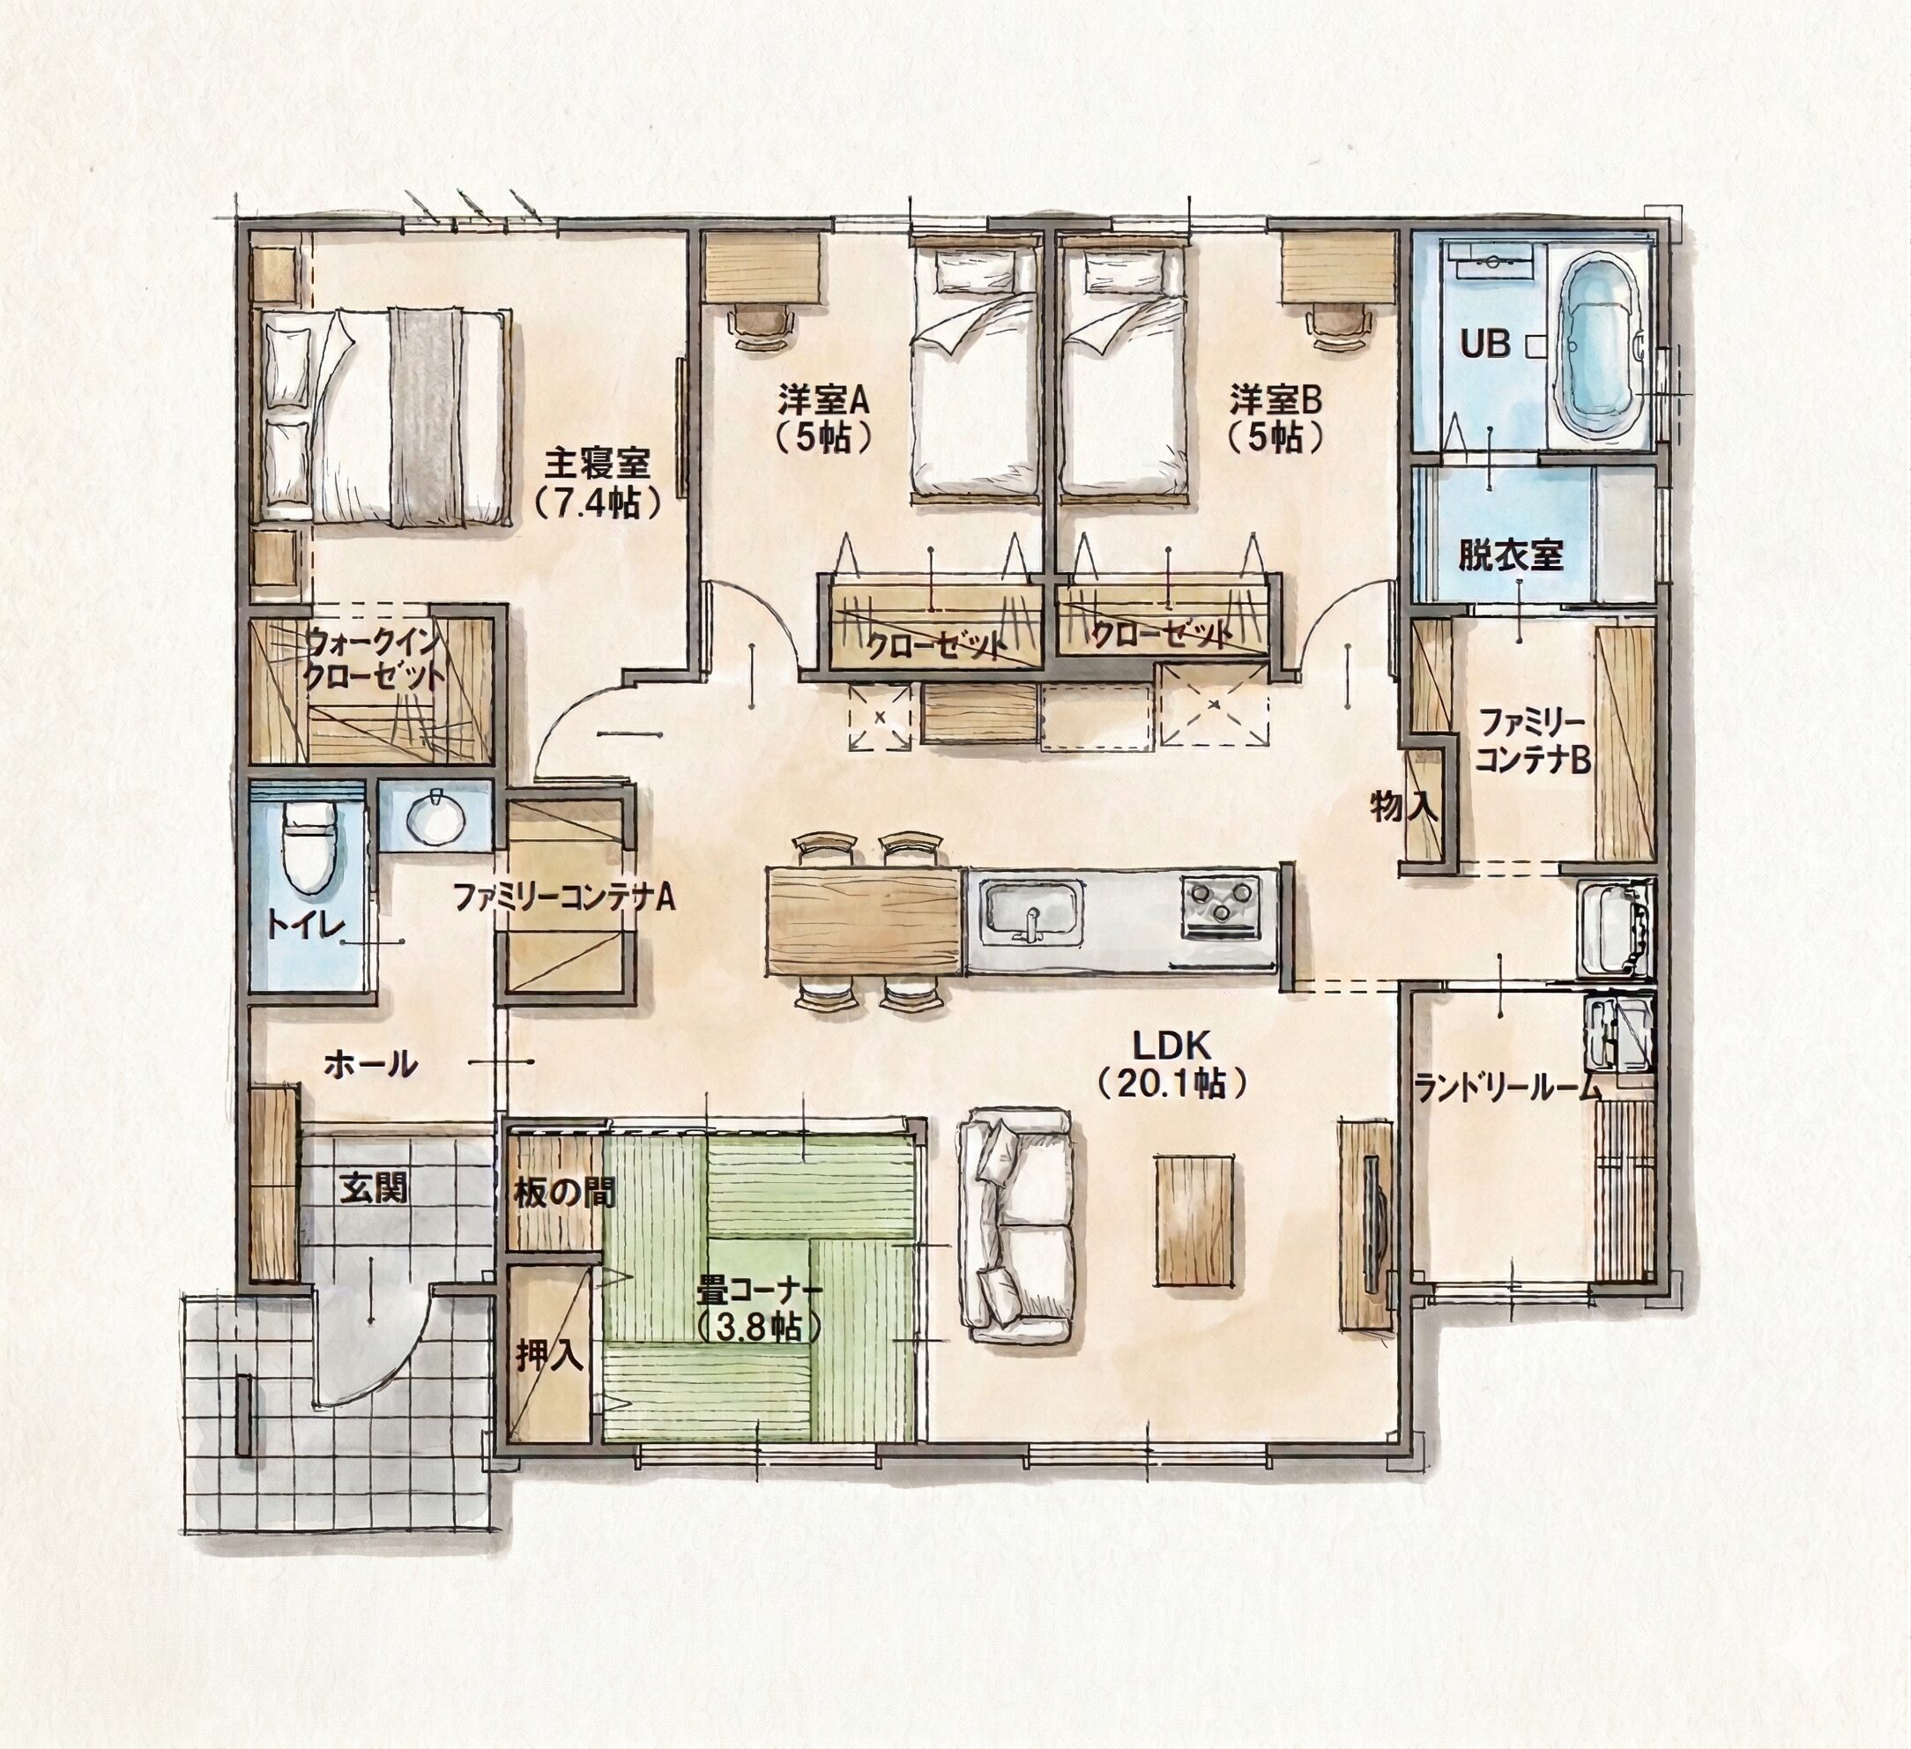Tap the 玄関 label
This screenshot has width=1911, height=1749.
pos(376,1187)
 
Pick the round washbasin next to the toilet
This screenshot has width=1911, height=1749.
pos(436,815)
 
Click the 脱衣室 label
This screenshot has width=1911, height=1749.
pos(1511,554)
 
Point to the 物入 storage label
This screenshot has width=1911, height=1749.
pos(1403,807)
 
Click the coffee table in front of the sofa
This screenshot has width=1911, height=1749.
pos(1195,1218)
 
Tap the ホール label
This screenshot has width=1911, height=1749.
pos(370,1064)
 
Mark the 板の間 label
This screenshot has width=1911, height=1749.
pos(564,1193)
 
